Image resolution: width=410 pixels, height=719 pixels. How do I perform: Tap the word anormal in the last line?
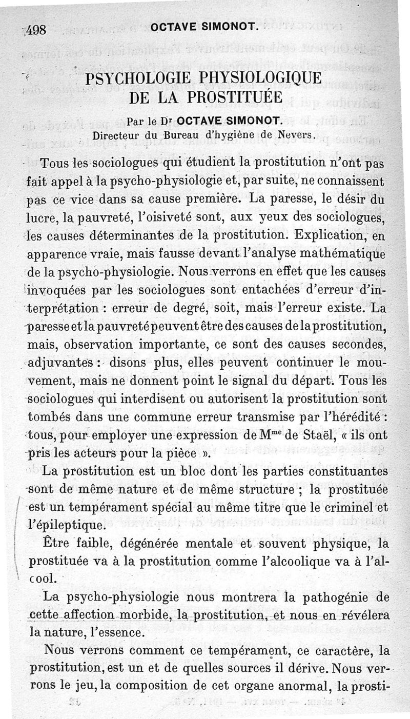point(299,686)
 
